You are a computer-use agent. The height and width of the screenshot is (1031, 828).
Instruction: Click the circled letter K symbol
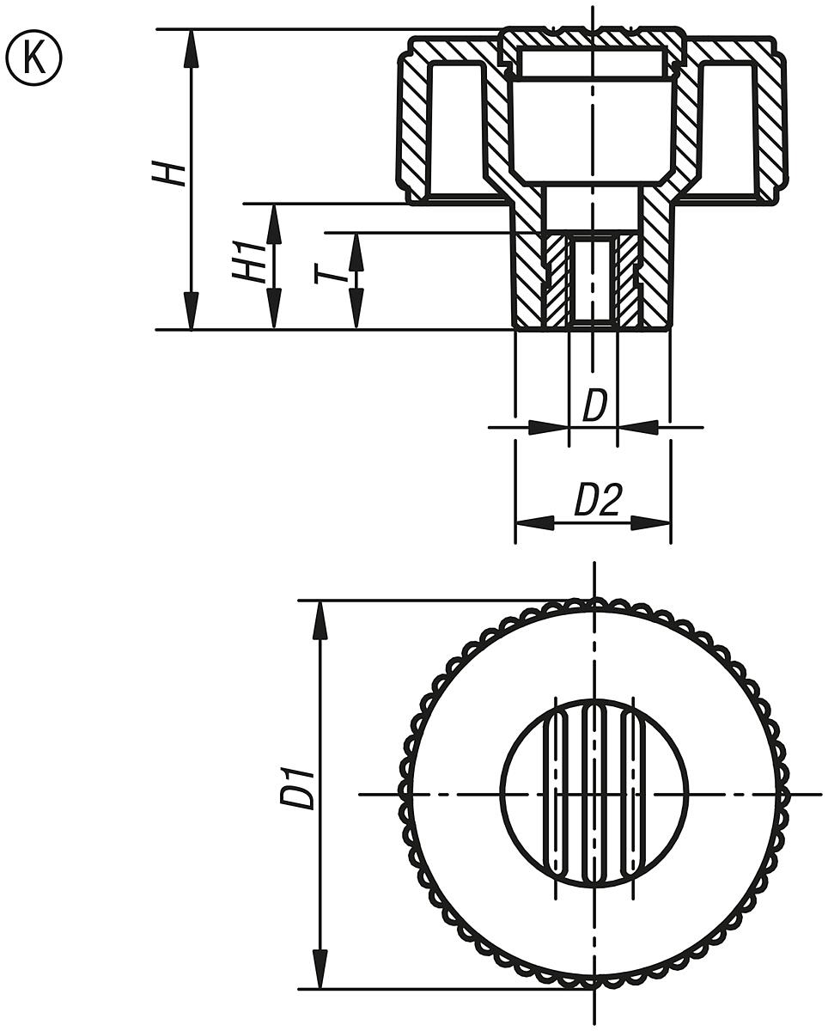[x=34, y=58]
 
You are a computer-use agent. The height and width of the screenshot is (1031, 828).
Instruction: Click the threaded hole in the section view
[x=592, y=280]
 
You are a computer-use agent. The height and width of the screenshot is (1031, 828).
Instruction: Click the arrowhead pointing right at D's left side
[x=550, y=426]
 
